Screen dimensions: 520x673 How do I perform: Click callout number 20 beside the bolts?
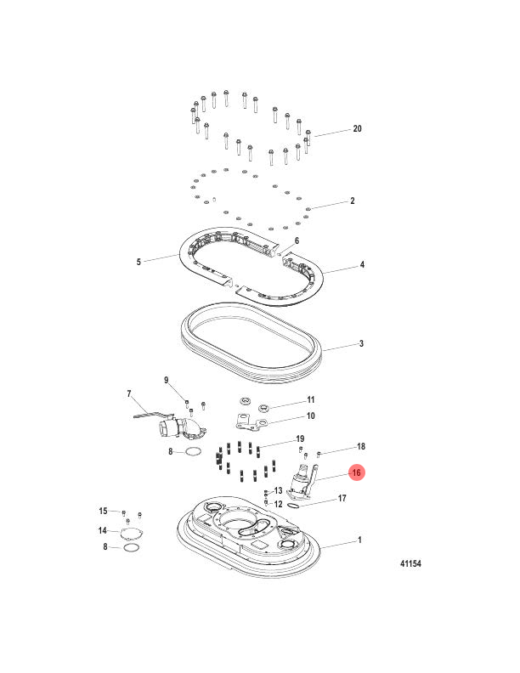point(357,128)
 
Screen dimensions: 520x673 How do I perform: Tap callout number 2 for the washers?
point(353,201)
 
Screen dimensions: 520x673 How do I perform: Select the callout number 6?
point(297,240)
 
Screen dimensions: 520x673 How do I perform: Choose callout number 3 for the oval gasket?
point(361,343)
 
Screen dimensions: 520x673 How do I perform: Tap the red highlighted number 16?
point(357,472)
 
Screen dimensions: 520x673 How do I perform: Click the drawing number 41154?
point(410,563)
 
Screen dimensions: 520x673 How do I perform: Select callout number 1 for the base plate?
point(359,540)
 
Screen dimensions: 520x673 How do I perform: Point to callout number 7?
point(129,393)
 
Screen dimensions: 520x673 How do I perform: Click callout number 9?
point(166,381)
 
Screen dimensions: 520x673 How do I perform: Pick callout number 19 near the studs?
point(300,438)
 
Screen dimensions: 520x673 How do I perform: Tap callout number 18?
point(361,446)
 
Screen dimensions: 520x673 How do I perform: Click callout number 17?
point(342,498)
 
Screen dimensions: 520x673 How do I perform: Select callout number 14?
point(102,530)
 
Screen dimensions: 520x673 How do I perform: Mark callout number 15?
point(103,511)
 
